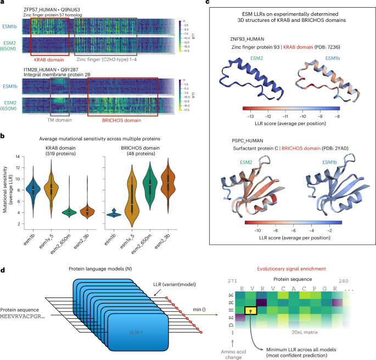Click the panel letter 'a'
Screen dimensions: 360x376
pyautogui.click(x=3, y=3)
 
